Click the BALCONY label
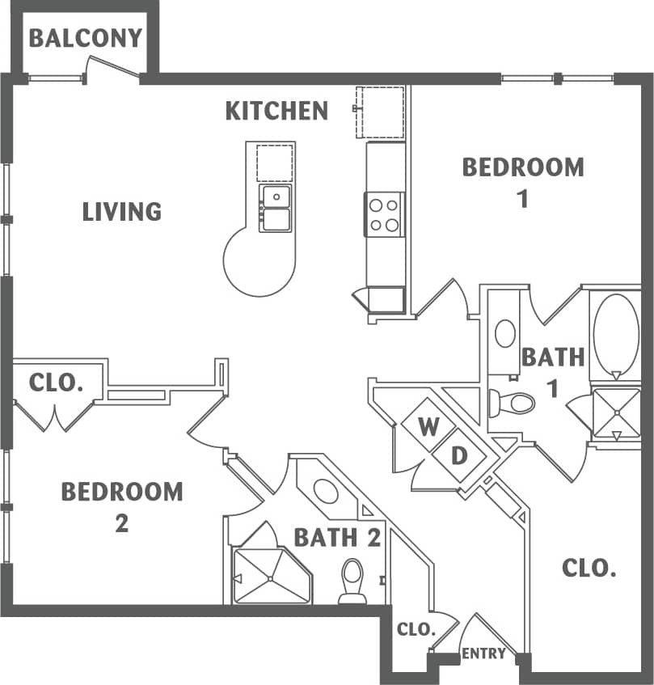tap(86, 38)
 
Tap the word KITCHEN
tap(276, 111)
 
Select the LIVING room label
tap(122, 212)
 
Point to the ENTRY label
tap(483, 653)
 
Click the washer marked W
tap(428, 426)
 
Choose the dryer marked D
tap(459, 455)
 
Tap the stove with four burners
tap(385, 214)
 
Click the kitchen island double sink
tap(275, 208)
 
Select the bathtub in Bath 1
tap(616, 334)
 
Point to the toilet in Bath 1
tap(514, 402)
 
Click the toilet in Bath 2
tap(352, 579)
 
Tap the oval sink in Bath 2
tap(326, 491)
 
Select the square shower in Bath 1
tap(616, 413)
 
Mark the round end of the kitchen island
tap(256, 263)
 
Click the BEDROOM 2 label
tap(122, 505)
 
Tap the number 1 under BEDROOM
tap(523, 198)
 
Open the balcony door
tap(113, 68)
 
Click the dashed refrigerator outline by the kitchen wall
tap(382, 112)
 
